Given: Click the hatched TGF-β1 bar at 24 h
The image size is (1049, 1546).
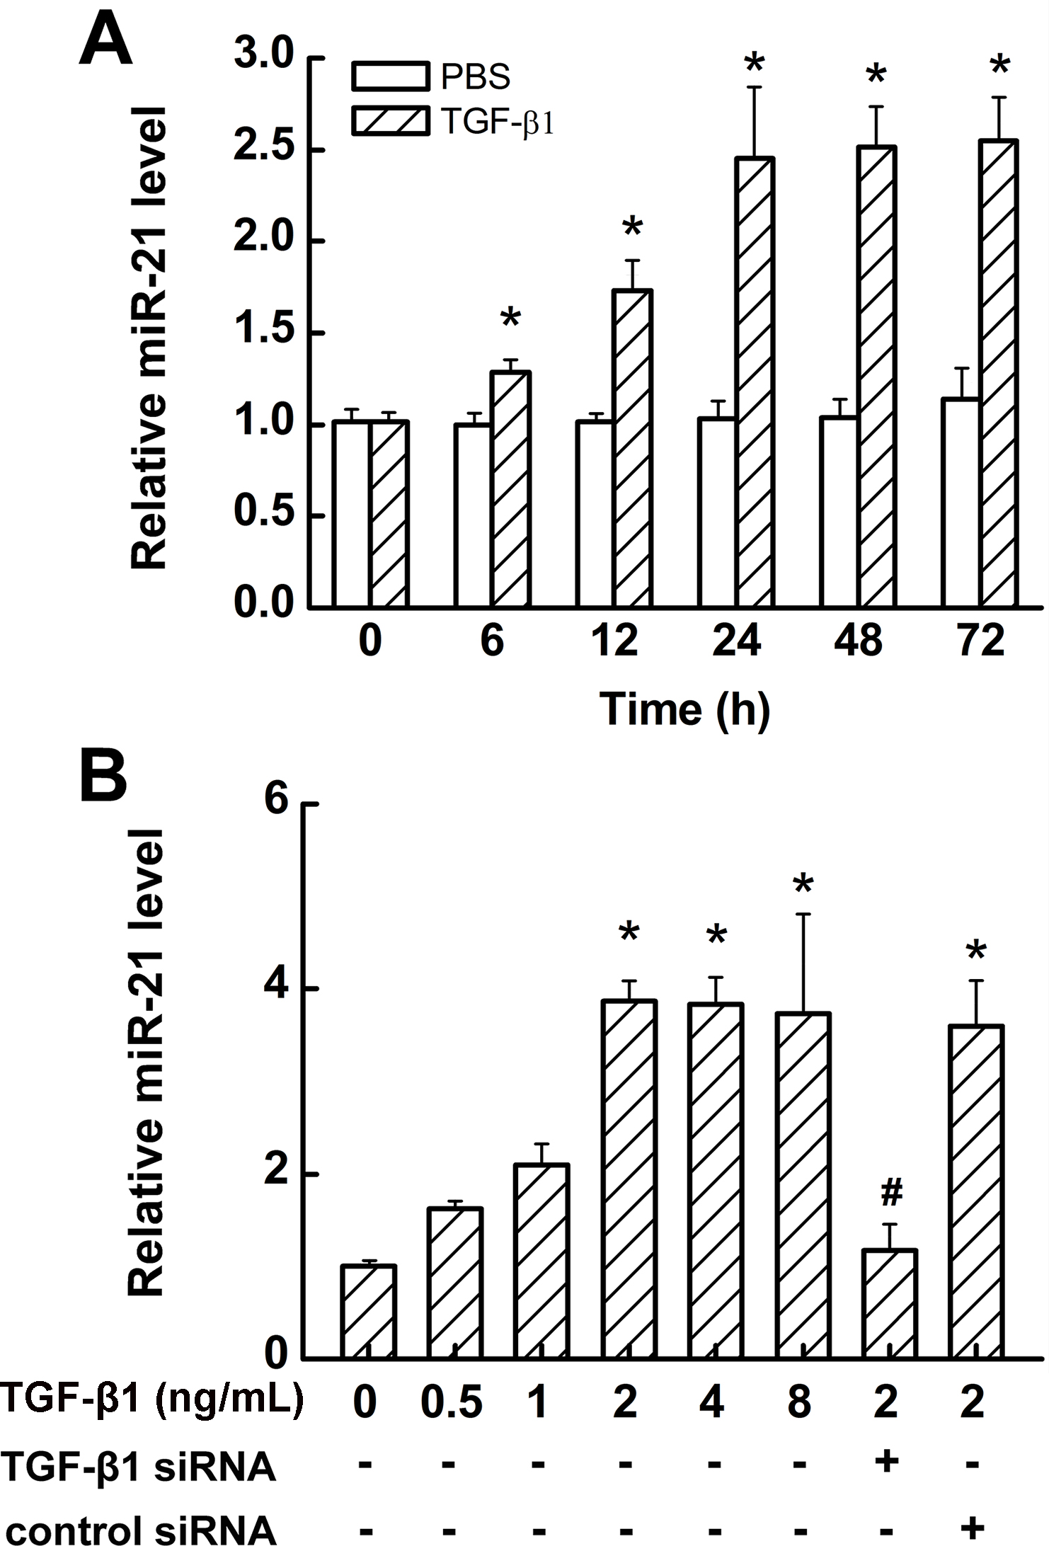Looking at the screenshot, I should (x=755, y=382).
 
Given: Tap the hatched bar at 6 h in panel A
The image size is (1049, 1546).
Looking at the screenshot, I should (x=511, y=488).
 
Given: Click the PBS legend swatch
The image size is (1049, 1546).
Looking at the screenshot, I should (x=390, y=76).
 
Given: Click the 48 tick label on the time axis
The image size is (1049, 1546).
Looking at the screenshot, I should (x=859, y=641).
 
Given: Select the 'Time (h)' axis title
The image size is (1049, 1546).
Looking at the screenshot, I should (x=684, y=709).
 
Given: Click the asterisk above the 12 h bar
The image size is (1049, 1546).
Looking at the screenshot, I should (x=632, y=229).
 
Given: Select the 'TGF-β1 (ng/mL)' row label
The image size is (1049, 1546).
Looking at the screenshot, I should (x=151, y=1399).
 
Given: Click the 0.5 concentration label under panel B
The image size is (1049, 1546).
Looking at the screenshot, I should (x=452, y=1401).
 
